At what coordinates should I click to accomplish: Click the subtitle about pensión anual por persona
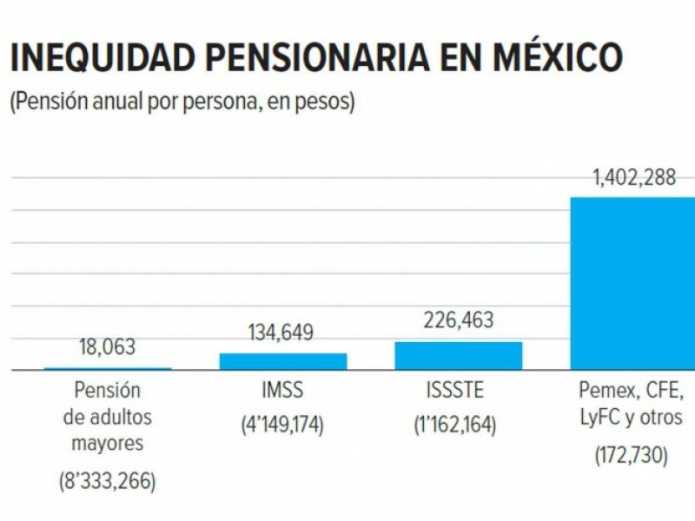[182, 102]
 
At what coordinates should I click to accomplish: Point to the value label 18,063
[108, 348]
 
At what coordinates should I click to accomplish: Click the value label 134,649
[282, 333]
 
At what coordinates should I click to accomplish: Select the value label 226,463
[458, 320]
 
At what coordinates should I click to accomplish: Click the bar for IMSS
[282, 361]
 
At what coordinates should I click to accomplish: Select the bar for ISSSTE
[458, 355]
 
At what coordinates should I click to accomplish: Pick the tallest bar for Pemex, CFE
[632, 283]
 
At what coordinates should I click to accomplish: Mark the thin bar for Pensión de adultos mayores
[108, 369]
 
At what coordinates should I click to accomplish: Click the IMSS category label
[282, 391]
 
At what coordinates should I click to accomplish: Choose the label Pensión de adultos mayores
[108, 418]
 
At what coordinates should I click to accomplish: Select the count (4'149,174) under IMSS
[282, 426]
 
